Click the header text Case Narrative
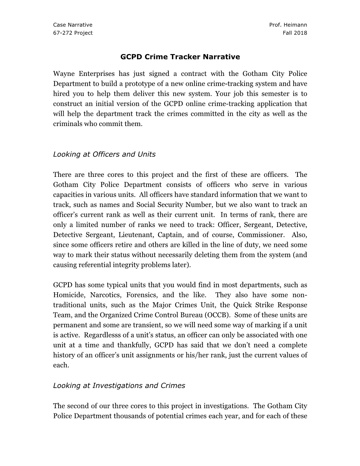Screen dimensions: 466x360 [72, 25]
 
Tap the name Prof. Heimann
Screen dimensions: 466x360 [288, 25]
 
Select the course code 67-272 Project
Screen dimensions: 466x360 [73, 33]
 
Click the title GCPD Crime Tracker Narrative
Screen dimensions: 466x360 [180, 57]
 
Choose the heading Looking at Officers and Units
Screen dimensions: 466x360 [104, 154]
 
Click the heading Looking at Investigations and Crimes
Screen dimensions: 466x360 [119, 386]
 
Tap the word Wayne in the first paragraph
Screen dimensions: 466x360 [64, 74]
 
